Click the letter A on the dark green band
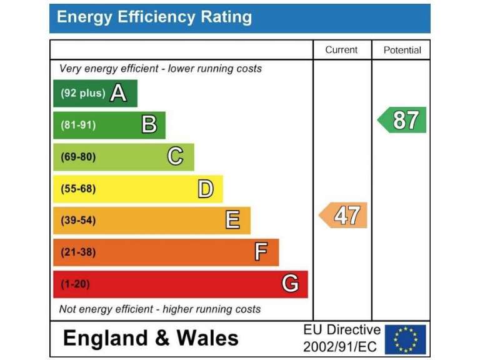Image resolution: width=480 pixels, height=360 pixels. click(x=118, y=93)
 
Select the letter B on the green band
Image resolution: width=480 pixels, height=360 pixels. click(x=149, y=125)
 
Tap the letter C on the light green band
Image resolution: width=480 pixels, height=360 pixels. click(x=176, y=157)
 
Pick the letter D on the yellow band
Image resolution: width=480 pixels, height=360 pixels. click(x=206, y=189)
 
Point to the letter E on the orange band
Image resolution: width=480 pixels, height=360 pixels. click(x=232, y=220)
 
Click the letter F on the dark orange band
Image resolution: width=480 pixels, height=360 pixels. click(x=261, y=252)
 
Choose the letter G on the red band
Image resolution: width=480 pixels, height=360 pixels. click(x=290, y=284)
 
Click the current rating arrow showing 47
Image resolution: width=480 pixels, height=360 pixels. click(x=344, y=216)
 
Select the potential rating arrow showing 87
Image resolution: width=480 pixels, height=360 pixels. click(x=403, y=120)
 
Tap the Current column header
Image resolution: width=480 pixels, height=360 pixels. click(x=342, y=50)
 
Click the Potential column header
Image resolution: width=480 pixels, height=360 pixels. click(x=402, y=50)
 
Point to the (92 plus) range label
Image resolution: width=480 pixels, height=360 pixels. click(x=82, y=93)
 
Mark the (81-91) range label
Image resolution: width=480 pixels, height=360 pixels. click(x=78, y=125)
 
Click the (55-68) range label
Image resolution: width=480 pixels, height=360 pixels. click(x=78, y=189)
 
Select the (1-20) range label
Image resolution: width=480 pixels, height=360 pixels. click(x=75, y=284)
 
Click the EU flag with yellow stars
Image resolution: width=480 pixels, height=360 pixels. click(x=405, y=339)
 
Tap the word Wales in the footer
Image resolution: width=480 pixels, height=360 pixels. click(x=207, y=339)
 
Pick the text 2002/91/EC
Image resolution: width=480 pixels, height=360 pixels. click(x=340, y=346)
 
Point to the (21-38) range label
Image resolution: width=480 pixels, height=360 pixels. click(x=78, y=252)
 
